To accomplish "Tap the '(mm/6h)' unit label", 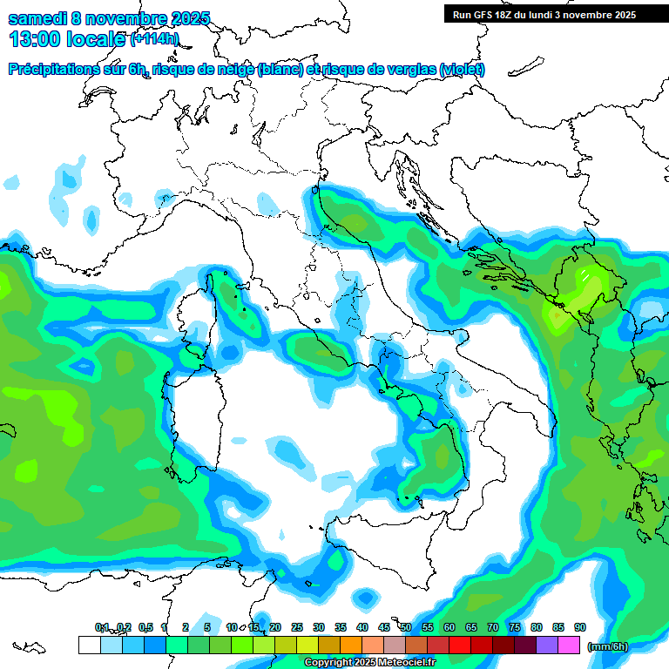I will tap(607, 646).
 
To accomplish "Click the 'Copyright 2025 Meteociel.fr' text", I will tap(369, 663).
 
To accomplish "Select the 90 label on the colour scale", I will tap(580, 627).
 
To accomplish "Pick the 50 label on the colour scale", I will tap(406, 627).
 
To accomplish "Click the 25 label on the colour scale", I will tap(297, 627).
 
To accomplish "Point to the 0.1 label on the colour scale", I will tap(102, 627).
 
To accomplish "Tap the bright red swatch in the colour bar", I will tap(460, 645).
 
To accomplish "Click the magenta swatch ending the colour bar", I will tap(569, 645).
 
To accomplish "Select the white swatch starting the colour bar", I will tap(89, 645).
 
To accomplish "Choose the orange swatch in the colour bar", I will tap(351, 645).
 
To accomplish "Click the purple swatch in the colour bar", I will tap(547, 645).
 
